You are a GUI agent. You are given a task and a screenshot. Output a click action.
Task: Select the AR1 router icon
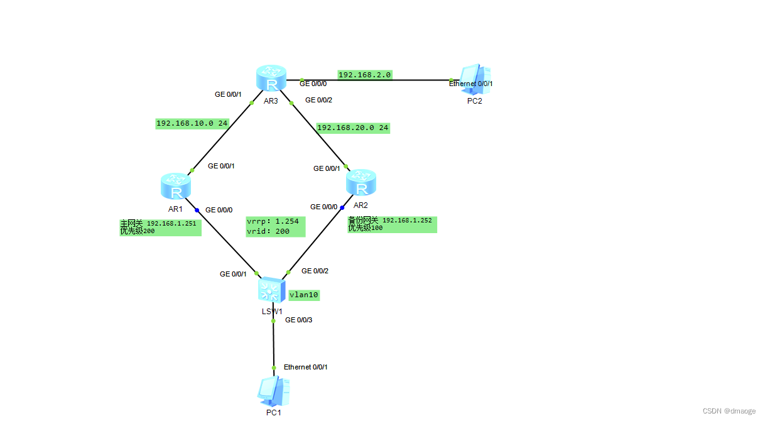pos(175,186)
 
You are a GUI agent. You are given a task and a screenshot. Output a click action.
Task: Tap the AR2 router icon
pos(361,182)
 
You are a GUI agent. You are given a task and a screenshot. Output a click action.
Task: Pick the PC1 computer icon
pos(273,390)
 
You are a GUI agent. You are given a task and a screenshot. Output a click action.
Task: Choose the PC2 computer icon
pos(474,79)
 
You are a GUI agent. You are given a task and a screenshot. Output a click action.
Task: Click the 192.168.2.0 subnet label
pos(364,75)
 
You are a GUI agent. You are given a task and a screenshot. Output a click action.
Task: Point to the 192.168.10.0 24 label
pos(192,124)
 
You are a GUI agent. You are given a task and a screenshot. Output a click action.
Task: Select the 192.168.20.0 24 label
pos(353,128)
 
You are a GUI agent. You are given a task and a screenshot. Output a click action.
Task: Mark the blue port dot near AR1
pos(197,210)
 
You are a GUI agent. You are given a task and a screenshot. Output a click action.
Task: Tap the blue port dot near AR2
pos(342,207)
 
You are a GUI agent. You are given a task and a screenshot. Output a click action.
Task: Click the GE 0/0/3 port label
pos(298,320)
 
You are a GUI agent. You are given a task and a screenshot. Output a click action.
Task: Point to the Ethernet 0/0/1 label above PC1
pos(305,367)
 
